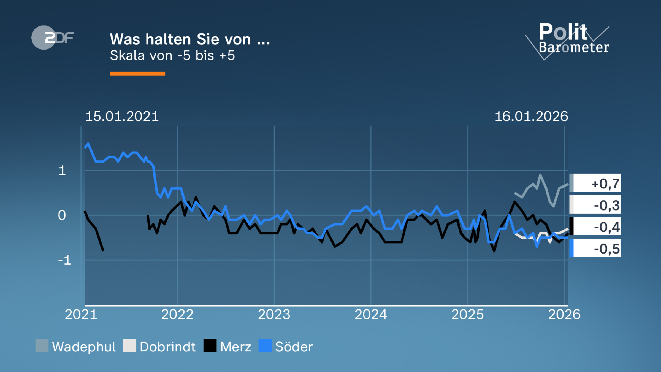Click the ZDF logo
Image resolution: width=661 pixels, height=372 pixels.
52,37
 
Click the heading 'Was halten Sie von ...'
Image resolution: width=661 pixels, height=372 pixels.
190,39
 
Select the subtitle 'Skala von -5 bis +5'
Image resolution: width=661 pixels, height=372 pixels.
172,55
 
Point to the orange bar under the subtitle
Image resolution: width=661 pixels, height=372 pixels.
137,74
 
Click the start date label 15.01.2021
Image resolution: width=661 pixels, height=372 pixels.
122,116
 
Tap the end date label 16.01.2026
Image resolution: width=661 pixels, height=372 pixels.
531,116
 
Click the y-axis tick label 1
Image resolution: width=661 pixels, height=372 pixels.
62,171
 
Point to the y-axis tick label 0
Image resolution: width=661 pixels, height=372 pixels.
62,215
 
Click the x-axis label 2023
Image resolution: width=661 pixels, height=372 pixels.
274,314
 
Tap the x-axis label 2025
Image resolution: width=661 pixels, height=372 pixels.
468,314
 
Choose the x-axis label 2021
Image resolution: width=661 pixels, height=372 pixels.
81,314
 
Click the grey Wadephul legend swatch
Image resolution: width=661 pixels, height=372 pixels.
42,346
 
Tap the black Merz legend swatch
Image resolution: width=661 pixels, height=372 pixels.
210,346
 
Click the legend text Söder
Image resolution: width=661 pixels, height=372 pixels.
294,347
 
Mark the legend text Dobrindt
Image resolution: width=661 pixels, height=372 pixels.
167,347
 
